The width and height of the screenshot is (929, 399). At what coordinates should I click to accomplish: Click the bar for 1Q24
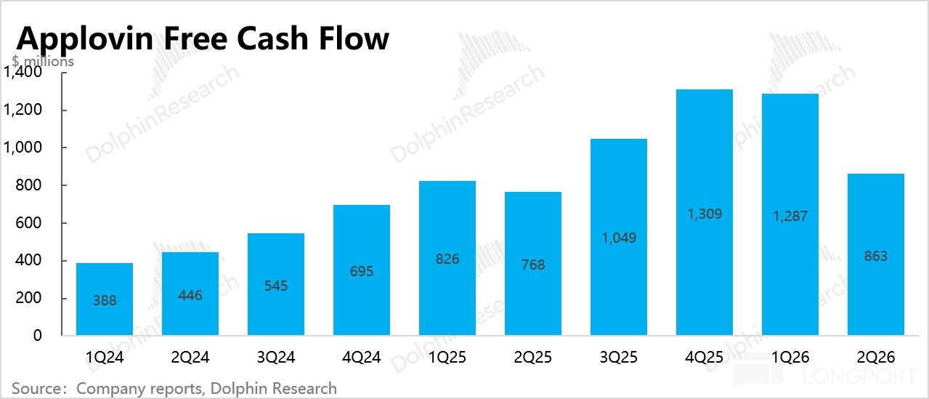(105, 299)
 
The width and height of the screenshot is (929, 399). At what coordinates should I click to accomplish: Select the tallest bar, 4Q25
(705, 212)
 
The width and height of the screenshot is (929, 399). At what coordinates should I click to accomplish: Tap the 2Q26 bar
(876, 254)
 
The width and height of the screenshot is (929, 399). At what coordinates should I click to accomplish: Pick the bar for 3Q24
(276, 284)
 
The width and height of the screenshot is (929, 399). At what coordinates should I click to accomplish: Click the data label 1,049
(619, 238)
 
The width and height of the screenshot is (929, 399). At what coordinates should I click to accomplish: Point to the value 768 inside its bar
(533, 265)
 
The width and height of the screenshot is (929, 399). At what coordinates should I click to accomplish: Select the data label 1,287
(790, 216)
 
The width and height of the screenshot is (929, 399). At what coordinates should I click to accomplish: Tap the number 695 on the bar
(362, 271)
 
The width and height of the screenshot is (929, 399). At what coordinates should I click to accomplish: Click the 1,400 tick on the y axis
(23, 72)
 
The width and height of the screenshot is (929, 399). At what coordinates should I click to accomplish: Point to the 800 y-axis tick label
(28, 185)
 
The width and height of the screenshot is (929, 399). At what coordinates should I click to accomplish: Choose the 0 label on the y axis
(37, 336)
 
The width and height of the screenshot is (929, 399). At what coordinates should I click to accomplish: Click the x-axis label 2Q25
(533, 357)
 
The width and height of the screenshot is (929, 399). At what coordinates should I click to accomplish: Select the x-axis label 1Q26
(790, 357)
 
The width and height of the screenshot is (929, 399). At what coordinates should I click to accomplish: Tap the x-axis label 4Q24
(362, 357)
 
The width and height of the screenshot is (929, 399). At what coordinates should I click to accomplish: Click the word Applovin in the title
(85, 39)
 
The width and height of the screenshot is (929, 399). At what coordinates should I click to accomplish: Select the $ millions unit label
(43, 61)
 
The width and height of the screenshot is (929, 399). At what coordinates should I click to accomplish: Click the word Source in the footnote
(36, 389)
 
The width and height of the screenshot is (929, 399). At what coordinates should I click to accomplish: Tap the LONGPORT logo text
(859, 376)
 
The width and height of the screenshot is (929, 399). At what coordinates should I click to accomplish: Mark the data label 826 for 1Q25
(447, 259)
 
